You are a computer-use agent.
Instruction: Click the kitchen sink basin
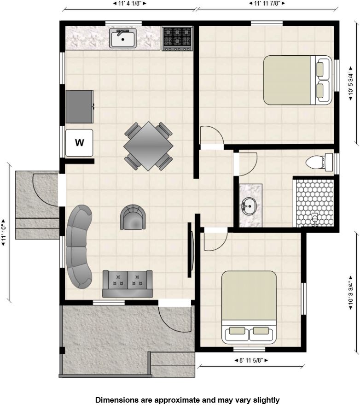click(123, 38)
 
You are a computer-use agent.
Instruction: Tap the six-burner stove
click(177, 38)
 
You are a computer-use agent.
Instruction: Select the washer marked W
click(79, 143)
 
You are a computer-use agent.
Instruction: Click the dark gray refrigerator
click(80, 107)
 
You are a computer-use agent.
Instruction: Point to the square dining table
click(148, 146)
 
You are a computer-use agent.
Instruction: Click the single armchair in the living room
click(133, 217)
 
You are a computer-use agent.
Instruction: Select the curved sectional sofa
click(79, 246)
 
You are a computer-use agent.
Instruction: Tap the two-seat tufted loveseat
click(128, 284)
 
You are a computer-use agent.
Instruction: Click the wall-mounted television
click(191, 250)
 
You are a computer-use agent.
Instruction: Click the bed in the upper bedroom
click(297, 80)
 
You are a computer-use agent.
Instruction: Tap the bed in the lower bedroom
click(249, 307)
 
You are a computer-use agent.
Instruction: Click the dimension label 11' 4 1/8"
click(129, 3)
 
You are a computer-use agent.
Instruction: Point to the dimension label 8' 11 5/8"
click(251, 360)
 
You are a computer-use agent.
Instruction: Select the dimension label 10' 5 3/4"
click(351, 83)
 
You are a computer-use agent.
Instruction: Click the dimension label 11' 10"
click(4, 233)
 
